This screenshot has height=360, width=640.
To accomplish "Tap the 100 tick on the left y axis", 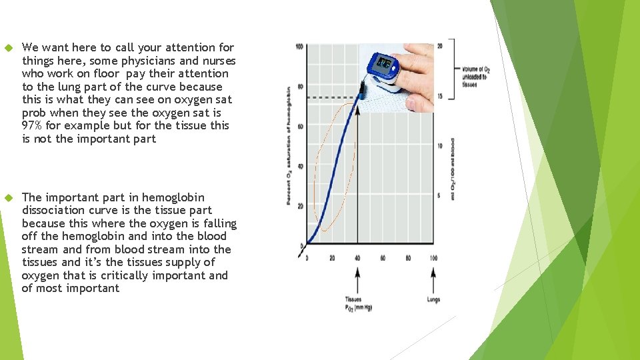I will pos(299,47).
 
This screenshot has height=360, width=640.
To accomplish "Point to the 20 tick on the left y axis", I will pos(300,206).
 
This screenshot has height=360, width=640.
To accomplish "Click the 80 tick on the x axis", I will pos(409,258).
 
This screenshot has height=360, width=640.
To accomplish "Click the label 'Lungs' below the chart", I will pos(433,300).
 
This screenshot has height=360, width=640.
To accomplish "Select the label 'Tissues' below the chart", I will pos(353,300).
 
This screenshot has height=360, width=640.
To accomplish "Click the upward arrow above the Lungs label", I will pos(434,280).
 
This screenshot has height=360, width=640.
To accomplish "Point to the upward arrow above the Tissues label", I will pos(358,280).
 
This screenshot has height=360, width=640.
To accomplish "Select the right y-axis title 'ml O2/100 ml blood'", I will pos(453,170).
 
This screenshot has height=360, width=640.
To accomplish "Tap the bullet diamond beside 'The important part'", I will pos(9,198).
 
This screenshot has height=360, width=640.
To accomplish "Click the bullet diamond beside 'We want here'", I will pos(9,48).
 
